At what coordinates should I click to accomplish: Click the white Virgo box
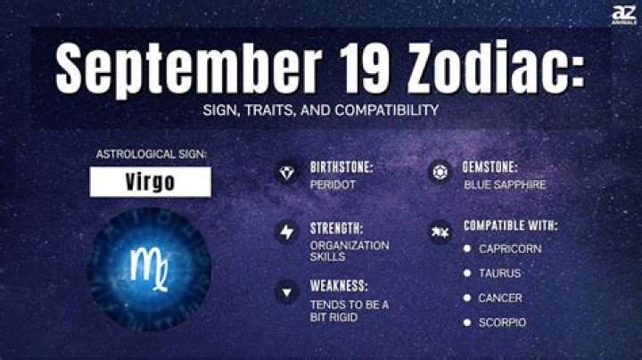tap(149, 182)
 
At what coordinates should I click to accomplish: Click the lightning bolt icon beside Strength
tap(285, 232)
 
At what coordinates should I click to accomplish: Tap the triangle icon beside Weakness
tap(285, 290)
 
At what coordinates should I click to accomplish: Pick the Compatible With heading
tap(511, 225)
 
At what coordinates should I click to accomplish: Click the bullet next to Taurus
tap(467, 273)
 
